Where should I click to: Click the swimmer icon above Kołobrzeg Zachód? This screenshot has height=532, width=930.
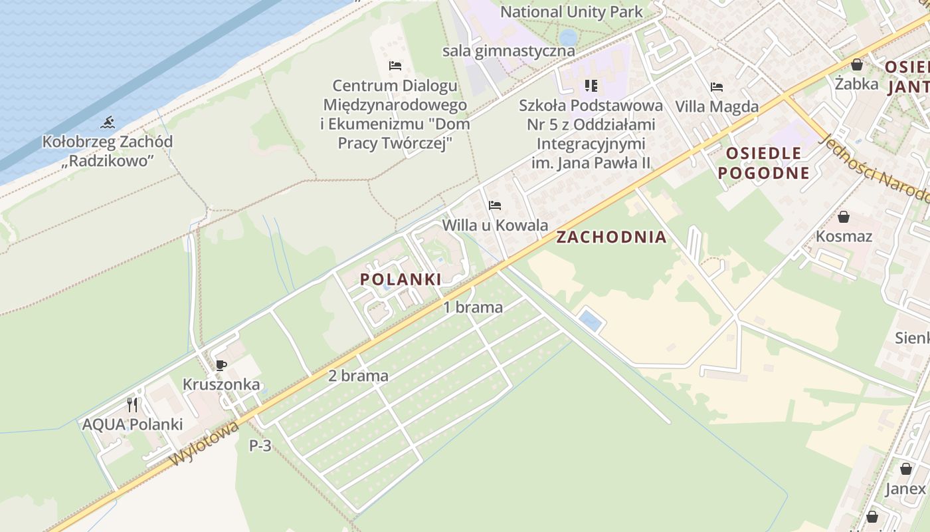[x=108, y=122]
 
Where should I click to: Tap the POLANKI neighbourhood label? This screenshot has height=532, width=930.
[x=401, y=279]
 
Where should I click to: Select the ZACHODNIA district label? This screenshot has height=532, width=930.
[x=611, y=237]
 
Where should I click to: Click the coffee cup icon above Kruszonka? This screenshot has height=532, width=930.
[x=221, y=365]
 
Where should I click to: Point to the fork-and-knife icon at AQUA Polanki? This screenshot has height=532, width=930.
[x=132, y=404]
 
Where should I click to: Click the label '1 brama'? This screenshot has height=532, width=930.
[x=473, y=307]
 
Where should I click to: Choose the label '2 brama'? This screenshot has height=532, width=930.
[x=358, y=376]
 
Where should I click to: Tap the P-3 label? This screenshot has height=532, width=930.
[x=260, y=446]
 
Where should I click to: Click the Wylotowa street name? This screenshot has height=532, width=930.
[x=204, y=444]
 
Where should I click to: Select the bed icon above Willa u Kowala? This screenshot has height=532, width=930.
[x=495, y=205]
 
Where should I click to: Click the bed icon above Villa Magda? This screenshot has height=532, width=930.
[x=716, y=86]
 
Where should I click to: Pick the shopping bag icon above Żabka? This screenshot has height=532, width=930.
[x=857, y=65]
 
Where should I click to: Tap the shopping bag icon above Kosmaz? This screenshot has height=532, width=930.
[x=844, y=217]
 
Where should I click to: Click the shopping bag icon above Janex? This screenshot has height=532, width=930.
[x=905, y=469]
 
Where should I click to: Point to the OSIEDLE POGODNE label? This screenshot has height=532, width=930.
[x=767, y=163]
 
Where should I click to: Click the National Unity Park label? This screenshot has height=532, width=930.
[x=571, y=11]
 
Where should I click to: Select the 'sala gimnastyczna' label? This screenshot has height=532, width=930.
[x=509, y=51]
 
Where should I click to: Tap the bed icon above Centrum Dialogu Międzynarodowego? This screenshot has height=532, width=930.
[x=395, y=66]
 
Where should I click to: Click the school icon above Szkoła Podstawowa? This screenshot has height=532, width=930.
[x=591, y=85]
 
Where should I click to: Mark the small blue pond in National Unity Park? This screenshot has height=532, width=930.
[x=568, y=37]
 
